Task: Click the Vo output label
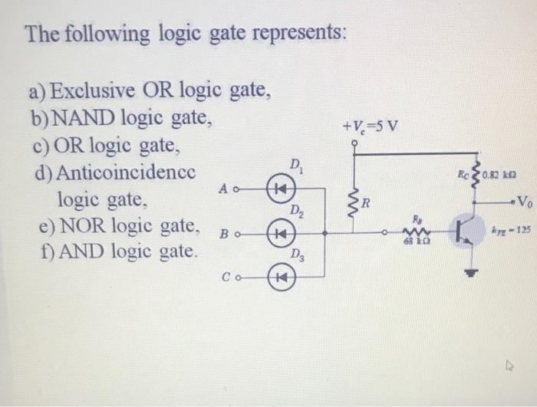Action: pyautogui.click(x=522, y=203)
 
